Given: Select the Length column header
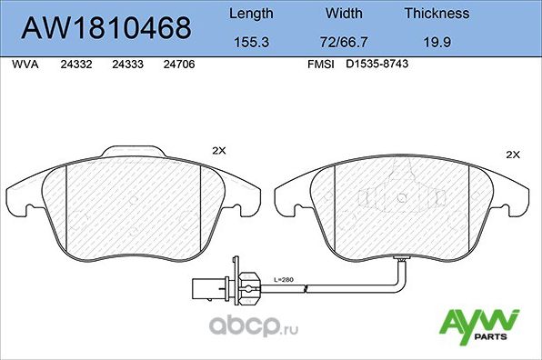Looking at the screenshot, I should coord(250,14).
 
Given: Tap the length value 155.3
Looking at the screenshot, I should coord(250,42).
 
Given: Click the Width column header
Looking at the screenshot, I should coord(344,14).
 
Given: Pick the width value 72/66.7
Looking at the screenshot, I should coord(344,42).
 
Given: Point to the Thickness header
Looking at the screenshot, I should coord(437,14).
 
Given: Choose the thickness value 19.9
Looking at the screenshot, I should coord(437,42).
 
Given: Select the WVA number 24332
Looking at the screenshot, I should coord(75,65).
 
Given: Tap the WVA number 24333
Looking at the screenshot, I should coord(126,65).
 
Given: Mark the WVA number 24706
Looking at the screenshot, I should coord(178,65).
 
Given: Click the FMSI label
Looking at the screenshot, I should coord(321,65).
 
